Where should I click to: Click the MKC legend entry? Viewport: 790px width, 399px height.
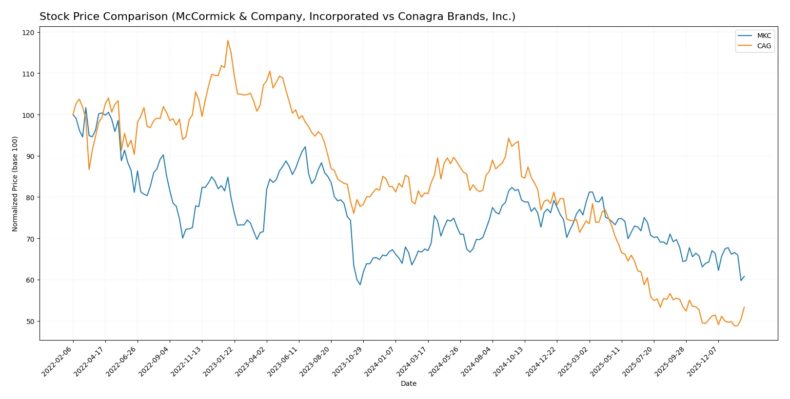tap(764, 36)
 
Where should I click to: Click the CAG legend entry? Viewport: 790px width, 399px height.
tap(764, 46)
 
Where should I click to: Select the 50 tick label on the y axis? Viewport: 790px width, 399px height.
tap(30, 322)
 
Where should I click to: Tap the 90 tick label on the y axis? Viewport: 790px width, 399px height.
tap(30, 156)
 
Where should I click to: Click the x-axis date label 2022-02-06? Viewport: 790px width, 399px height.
tap(58, 361)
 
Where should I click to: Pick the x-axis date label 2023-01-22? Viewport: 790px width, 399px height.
tap(219, 361)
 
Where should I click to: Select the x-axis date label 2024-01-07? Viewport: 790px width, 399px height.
tap(380, 361)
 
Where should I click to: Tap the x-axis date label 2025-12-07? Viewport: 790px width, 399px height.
tap(703, 361)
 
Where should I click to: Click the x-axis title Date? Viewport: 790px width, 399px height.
tap(408, 383)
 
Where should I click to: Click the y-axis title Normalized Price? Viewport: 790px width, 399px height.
tap(15, 184)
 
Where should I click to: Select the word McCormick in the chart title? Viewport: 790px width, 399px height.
tap(201, 17)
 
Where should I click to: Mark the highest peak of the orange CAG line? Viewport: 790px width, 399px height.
tap(228, 40)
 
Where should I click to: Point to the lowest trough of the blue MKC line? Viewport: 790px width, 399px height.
tap(360, 285)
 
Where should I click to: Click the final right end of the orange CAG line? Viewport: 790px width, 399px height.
tap(744, 307)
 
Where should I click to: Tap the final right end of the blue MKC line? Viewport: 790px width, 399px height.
tap(744, 276)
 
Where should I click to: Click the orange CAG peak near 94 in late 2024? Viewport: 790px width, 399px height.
tap(509, 138)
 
